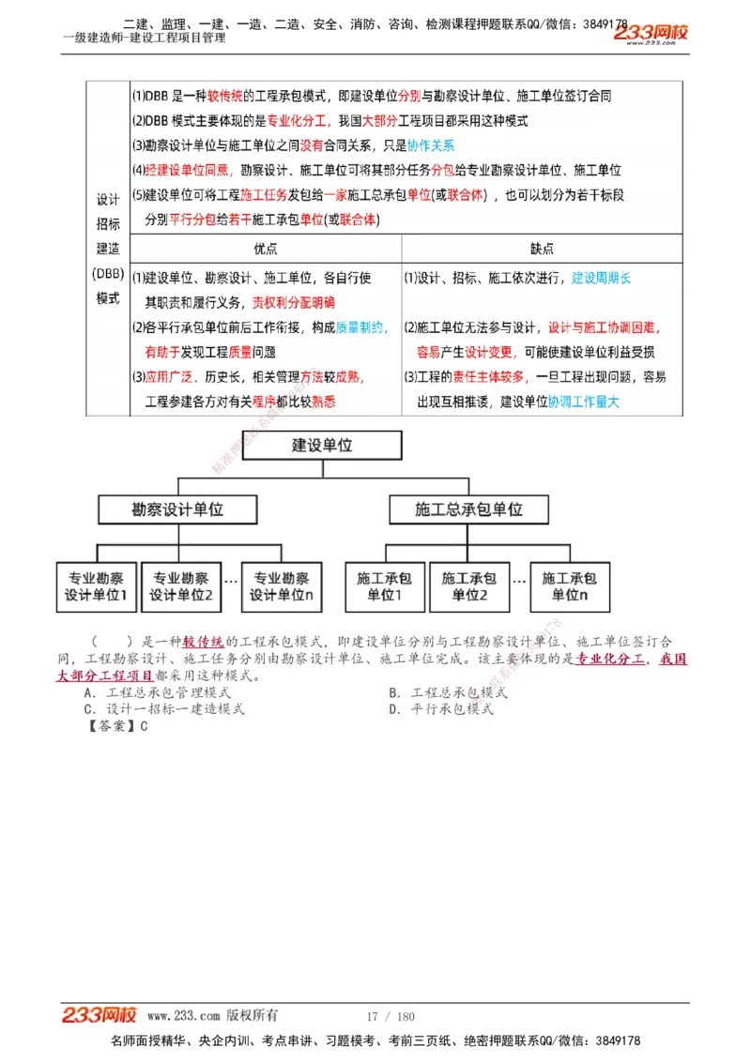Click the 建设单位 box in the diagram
322,446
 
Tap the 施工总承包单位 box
468,509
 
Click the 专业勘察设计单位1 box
96,586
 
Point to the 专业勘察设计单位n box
282,586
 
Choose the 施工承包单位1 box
385,586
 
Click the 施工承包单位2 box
469,586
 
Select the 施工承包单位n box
570,586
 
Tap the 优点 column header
266,249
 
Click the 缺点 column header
542,249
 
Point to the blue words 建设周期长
602,278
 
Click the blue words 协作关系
432,145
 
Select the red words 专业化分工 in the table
296,121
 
